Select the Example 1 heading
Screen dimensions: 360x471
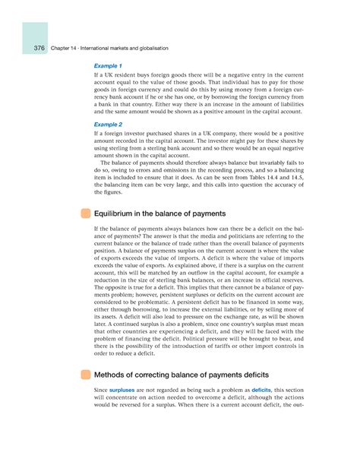(109, 66)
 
